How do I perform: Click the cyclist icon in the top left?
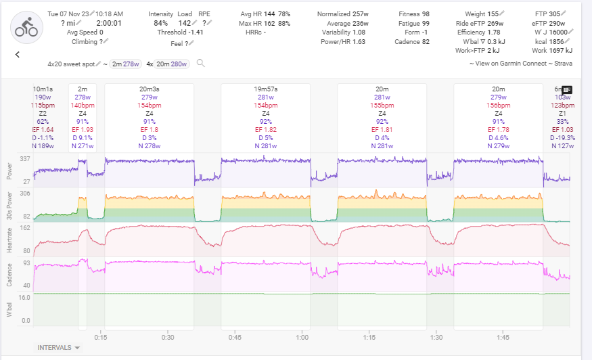(26, 26)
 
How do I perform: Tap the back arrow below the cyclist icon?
(17, 55)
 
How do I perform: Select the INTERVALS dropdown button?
(59, 348)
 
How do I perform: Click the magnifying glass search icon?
(200, 63)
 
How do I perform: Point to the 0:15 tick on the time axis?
(100, 337)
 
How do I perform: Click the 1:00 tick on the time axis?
(302, 337)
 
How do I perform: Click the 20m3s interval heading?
(149, 89)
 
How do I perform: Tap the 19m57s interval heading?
(266, 89)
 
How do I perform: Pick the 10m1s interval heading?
(43, 89)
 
